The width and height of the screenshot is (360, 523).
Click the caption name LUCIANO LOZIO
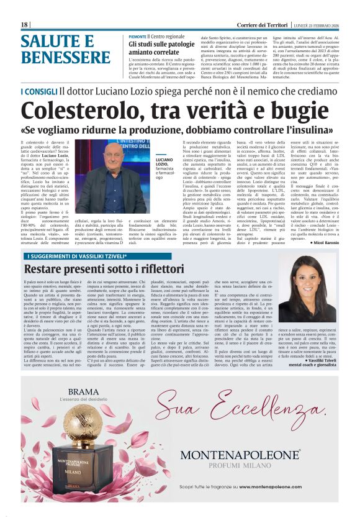click(x=164, y=162)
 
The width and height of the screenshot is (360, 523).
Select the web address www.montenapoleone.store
click(x=254, y=488)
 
